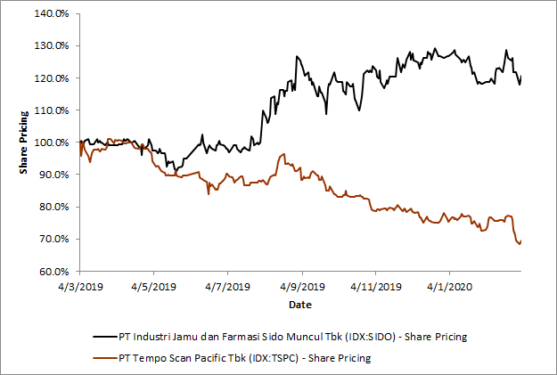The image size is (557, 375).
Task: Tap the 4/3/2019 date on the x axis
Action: coord(80,288)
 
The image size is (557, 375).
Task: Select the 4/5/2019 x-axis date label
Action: coord(153,288)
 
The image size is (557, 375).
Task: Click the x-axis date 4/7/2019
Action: coord(227,288)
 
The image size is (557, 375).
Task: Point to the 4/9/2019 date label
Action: coord(301,288)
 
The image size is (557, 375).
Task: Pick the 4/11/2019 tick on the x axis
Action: coord(375,288)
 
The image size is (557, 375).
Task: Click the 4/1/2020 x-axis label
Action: coord(448,288)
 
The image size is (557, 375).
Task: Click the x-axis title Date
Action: coord(300,306)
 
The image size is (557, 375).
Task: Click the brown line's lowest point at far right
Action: coord(520,243)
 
